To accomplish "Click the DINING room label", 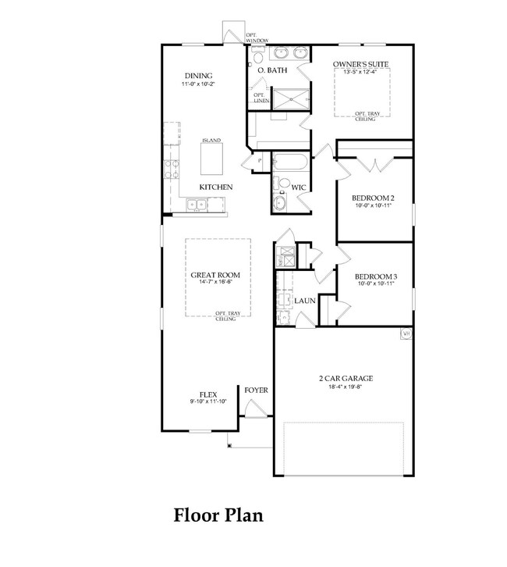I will [x=198, y=75].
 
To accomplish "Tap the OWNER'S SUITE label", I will [x=360, y=64].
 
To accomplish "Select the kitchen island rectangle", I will [x=211, y=159].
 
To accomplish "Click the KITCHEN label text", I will [x=215, y=187].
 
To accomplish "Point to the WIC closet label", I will [x=298, y=187].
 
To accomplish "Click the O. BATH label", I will [x=272, y=70].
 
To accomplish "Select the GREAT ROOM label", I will [x=215, y=275].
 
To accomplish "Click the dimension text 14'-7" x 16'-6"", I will [x=215, y=283].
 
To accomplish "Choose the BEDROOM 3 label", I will [x=376, y=276].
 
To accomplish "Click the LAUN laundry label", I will [x=304, y=300].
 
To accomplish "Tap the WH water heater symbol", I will [x=406, y=334].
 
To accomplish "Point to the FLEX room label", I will [x=207, y=394].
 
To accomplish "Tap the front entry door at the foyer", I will [x=255, y=408].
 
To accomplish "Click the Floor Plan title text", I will [x=218, y=515].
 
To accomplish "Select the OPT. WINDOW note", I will [x=257, y=37].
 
